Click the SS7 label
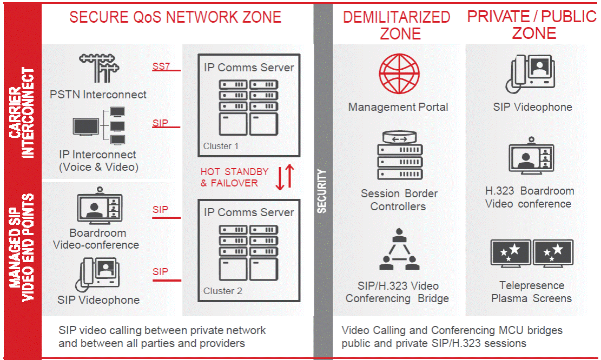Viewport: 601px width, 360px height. click(x=160, y=66)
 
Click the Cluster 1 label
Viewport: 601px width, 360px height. click(x=221, y=146)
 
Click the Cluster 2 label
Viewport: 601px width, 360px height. click(x=222, y=291)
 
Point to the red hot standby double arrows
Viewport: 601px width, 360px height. click(x=285, y=177)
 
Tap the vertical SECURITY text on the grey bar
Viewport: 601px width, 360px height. click(x=322, y=191)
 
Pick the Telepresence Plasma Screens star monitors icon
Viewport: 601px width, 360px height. click(x=531, y=254)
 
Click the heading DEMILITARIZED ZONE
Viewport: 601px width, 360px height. click(x=397, y=25)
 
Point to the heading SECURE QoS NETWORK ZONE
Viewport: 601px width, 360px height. click(x=175, y=17)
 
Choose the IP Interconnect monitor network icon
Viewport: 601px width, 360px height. click(x=100, y=126)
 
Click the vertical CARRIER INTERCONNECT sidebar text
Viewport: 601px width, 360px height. click(x=23, y=112)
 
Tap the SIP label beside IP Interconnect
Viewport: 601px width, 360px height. click(x=160, y=123)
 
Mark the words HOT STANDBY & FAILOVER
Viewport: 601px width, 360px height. click(x=234, y=177)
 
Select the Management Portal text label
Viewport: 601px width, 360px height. click(x=398, y=107)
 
